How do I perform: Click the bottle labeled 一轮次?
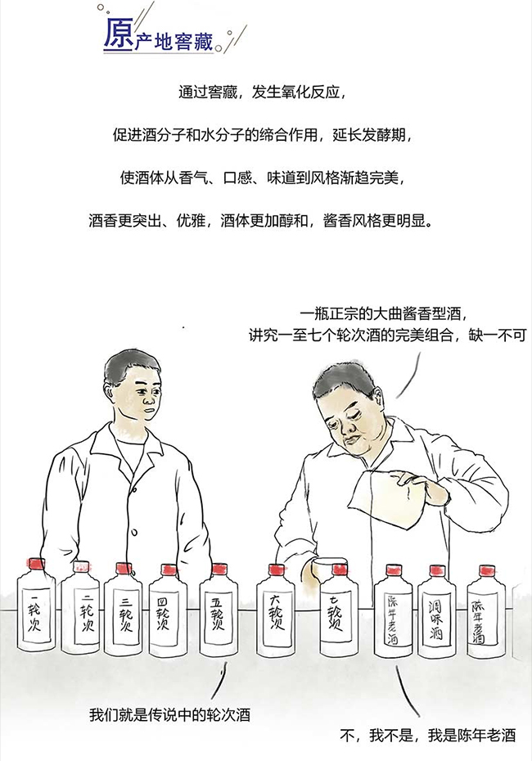pyautogui.click(x=36, y=609)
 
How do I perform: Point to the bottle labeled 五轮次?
pyautogui.click(x=219, y=612)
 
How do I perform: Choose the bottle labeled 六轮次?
pyautogui.click(x=276, y=612)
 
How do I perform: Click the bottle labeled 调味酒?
pyautogui.click(x=437, y=612)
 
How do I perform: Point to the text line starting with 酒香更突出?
pyautogui.click(x=265, y=221)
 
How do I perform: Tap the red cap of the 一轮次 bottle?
pyautogui.click(x=35, y=564)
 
